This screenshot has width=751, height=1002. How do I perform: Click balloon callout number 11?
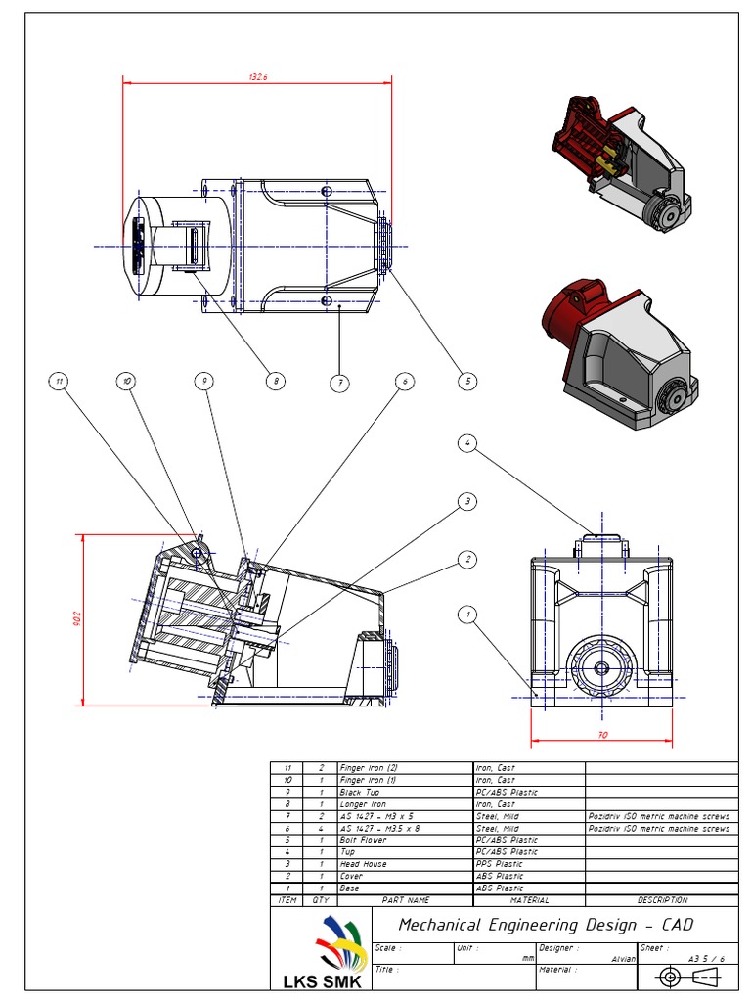click(60, 381)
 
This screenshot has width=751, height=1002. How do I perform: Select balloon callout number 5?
click(468, 381)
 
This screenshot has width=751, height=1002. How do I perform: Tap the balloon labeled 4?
click(468, 443)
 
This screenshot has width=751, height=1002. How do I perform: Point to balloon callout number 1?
click(468, 615)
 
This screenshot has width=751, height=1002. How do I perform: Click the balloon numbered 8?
click(277, 381)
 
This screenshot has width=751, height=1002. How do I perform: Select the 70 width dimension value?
click(602, 733)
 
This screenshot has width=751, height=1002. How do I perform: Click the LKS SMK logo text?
click(321, 980)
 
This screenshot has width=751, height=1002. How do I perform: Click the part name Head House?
click(363, 864)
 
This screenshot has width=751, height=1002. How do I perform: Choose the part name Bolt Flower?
click(363, 840)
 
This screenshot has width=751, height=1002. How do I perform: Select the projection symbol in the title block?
click(688, 977)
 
